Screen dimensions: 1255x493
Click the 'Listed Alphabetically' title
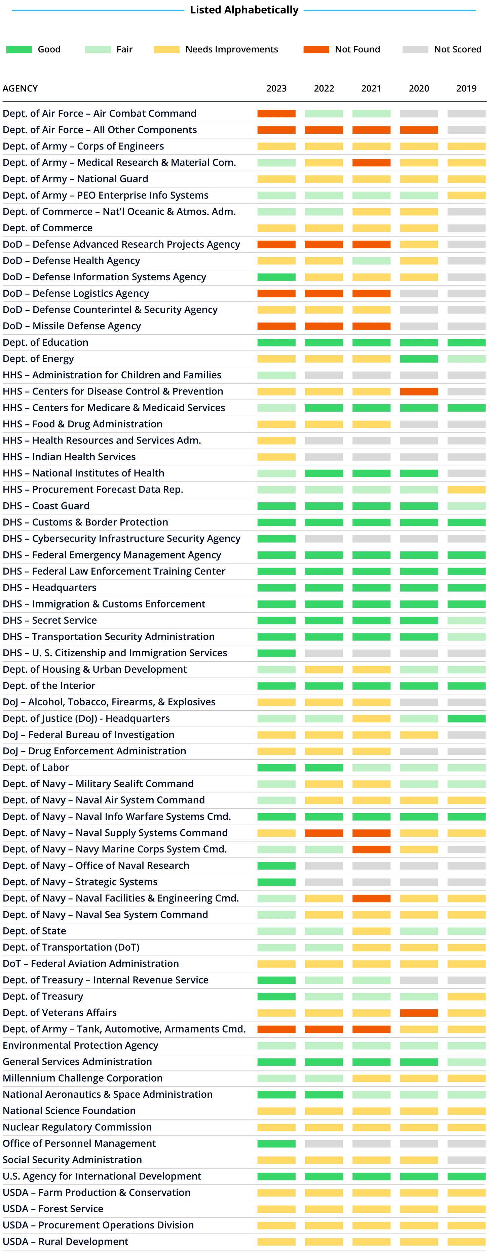click(x=244, y=10)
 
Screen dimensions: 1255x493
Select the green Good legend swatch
click(x=19, y=49)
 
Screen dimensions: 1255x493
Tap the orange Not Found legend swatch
click(x=316, y=49)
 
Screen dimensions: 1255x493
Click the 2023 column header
click(x=276, y=88)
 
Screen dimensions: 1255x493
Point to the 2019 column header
click(x=466, y=88)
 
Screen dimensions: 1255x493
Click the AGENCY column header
click(x=20, y=88)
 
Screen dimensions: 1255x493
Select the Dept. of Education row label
click(x=45, y=342)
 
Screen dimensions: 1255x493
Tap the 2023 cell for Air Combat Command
click(x=276, y=114)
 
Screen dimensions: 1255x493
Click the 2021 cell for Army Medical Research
click(x=371, y=163)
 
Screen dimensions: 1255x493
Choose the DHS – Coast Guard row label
click(x=46, y=506)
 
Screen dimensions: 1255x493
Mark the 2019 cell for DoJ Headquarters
click(x=466, y=719)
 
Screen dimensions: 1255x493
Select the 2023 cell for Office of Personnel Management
click(x=276, y=1143)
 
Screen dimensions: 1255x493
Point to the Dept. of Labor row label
click(x=36, y=767)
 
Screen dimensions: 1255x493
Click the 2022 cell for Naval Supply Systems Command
click(x=324, y=833)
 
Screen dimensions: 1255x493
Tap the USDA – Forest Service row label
click(x=53, y=1209)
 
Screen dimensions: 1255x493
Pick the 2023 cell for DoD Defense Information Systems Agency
click(x=276, y=277)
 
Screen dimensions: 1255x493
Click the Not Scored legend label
click(x=457, y=49)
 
